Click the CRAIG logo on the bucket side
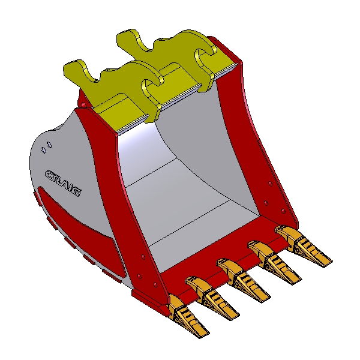point(63,183)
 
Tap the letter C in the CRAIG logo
point(50,175)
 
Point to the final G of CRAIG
point(76,191)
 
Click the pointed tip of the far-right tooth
point(331,261)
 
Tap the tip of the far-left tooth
point(208,334)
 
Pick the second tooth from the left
point(212,298)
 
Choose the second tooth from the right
point(274,262)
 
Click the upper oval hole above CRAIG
point(49,145)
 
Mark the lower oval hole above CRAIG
point(43,150)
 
